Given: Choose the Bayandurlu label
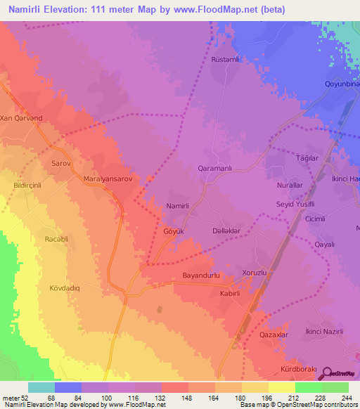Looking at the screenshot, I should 202,275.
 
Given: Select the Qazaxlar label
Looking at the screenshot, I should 275,336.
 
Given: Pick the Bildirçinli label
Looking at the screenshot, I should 23,186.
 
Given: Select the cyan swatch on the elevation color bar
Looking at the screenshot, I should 41,387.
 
